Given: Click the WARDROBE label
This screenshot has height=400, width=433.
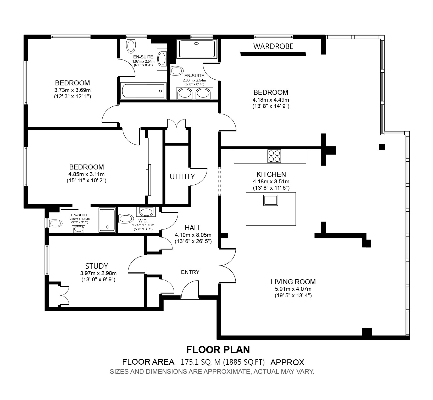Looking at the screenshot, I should click(273, 46).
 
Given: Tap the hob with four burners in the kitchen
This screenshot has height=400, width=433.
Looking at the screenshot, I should click(274, 156).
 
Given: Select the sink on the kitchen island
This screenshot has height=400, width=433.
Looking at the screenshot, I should click(271, 200).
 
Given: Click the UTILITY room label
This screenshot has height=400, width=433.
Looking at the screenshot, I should click(182, 177).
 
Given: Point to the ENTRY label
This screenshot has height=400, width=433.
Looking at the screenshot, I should click(190, 272).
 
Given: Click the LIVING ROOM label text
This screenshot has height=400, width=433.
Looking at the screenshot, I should click(293, 282).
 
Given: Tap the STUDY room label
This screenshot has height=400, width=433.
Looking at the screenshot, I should click(97, 266).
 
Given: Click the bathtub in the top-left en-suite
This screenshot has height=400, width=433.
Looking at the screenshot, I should click(143, 91).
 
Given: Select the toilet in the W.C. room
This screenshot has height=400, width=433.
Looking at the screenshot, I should click(126, 218).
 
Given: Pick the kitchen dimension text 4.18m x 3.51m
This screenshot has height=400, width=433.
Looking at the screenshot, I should click(271, 181).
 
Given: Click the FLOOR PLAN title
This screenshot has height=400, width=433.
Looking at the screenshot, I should click(218, 349).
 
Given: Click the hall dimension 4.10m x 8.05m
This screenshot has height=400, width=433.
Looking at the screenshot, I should click(193, 235).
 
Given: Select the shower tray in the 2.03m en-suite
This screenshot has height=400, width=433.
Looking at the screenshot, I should click(197, 49).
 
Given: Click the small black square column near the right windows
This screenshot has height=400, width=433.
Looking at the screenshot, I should click(382, 147).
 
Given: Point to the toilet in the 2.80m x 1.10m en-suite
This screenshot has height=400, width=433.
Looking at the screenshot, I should click(56, 223).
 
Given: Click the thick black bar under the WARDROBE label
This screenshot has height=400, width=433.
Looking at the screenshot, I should click(273, 54).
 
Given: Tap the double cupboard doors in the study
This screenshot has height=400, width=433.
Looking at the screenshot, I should click(64, 295).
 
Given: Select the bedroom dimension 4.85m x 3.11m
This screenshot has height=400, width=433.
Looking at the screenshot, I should click(86, 174).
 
